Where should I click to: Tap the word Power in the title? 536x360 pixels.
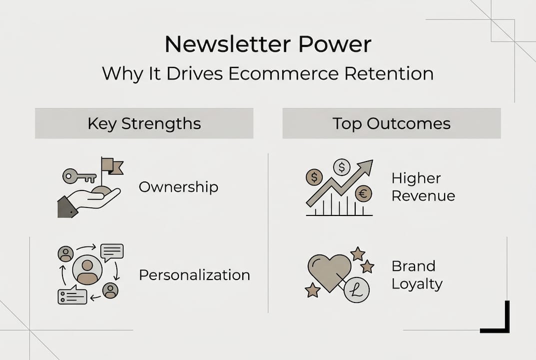click(335, 44)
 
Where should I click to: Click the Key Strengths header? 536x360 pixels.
click(144, 123)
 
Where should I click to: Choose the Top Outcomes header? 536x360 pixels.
click(392, 123)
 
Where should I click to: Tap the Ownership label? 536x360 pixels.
click(178, 187)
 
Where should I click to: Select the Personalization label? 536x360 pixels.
click(194, 275)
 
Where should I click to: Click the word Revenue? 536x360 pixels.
click(423, 195)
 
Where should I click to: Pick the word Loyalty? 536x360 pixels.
click(417, 284)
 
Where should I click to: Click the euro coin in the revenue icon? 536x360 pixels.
click(363, 193)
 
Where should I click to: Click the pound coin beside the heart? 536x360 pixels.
click(357, 290)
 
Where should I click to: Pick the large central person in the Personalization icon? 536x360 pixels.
click(87, 270)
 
